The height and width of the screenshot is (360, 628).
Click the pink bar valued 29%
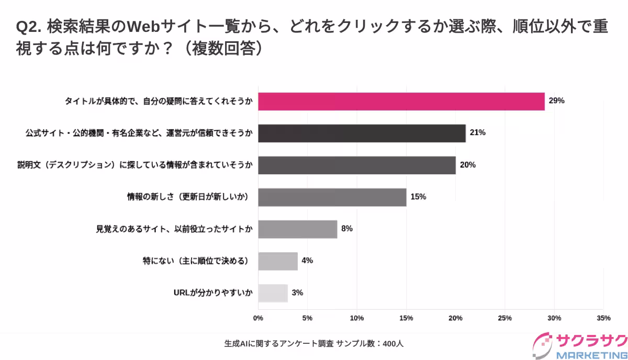coord(401,101)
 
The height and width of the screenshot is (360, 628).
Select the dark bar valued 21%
coord(362,133)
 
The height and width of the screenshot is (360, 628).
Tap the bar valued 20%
coord(356,165)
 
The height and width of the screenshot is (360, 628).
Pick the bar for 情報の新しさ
coord(332,197)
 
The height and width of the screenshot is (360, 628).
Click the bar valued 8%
coord(297,229)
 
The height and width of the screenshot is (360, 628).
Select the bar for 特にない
coord(277,261)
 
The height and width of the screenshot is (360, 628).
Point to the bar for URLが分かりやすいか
coord(273,292)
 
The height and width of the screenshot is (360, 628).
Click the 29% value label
coord(556,101)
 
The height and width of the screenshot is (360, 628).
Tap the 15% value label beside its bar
coord(418,197)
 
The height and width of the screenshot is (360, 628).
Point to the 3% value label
coord(297,292)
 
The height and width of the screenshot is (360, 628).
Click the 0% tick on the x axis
coord(258,318)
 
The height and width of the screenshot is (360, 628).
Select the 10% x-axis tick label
coord(357,318)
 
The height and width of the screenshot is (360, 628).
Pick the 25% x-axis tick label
coord(505,318)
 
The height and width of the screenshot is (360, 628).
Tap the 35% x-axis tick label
coord(603,318)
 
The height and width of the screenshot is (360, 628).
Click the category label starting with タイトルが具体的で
coord(159,101)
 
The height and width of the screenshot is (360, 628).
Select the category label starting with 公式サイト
coord(139,133)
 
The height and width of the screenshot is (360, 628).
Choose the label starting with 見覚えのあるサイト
coord(174,229)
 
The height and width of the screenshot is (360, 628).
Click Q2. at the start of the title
coord(29,27)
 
